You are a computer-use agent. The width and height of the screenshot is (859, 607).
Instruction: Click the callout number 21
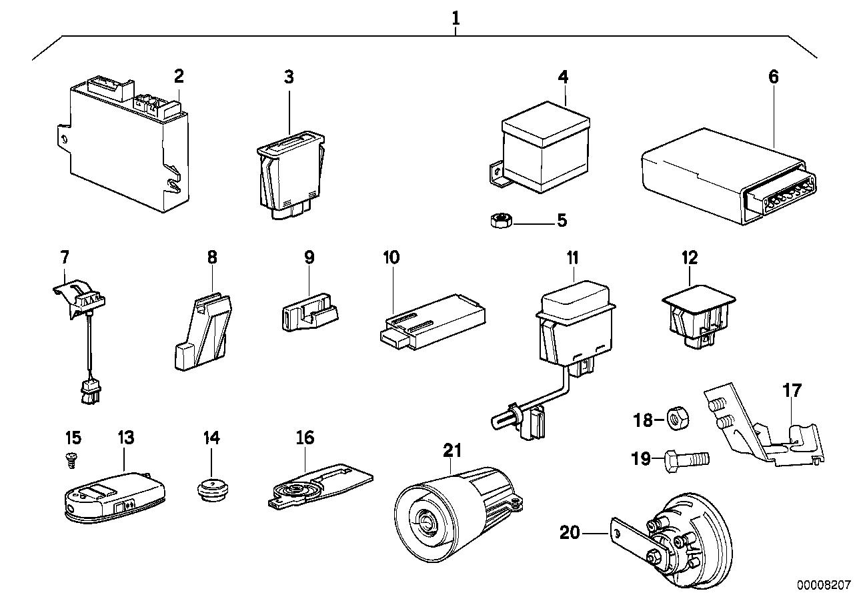452,451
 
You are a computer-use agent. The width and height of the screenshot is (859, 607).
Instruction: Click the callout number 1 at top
456,18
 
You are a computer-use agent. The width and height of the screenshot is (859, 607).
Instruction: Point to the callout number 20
571,532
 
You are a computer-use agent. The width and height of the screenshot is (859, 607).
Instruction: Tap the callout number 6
772,77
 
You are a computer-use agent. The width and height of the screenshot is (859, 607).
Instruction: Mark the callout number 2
178,76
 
